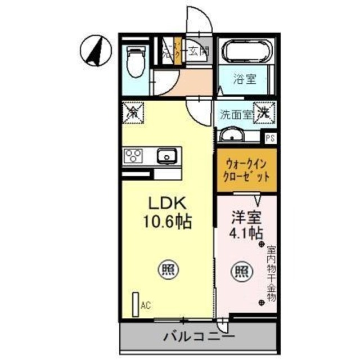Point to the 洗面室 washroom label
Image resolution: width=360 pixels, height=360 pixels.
click(235, 115)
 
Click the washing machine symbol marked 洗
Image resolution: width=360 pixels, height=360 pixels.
click(264, 112)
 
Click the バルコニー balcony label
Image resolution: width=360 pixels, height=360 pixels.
click(199, 337)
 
